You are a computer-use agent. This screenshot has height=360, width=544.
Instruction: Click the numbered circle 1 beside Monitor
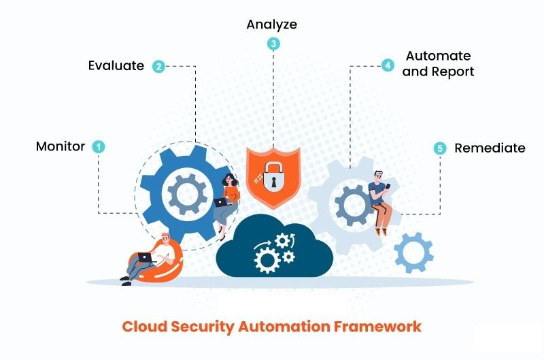(99, 146)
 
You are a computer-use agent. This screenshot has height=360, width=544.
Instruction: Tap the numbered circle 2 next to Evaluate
(158, 66)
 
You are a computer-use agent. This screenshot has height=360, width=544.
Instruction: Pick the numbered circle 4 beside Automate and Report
(387, 66)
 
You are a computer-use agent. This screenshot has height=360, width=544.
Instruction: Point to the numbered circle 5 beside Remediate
(439, 148)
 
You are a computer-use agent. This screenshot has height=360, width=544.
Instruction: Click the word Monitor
(61, 146)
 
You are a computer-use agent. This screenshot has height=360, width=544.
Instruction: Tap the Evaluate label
(116, 66)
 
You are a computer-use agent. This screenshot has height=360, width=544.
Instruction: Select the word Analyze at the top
(272, 24)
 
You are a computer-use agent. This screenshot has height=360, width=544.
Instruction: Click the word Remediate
(490, 148)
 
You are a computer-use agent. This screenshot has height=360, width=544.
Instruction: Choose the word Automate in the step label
(438, 56)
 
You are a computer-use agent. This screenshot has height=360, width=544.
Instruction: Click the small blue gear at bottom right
(413, 252)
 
